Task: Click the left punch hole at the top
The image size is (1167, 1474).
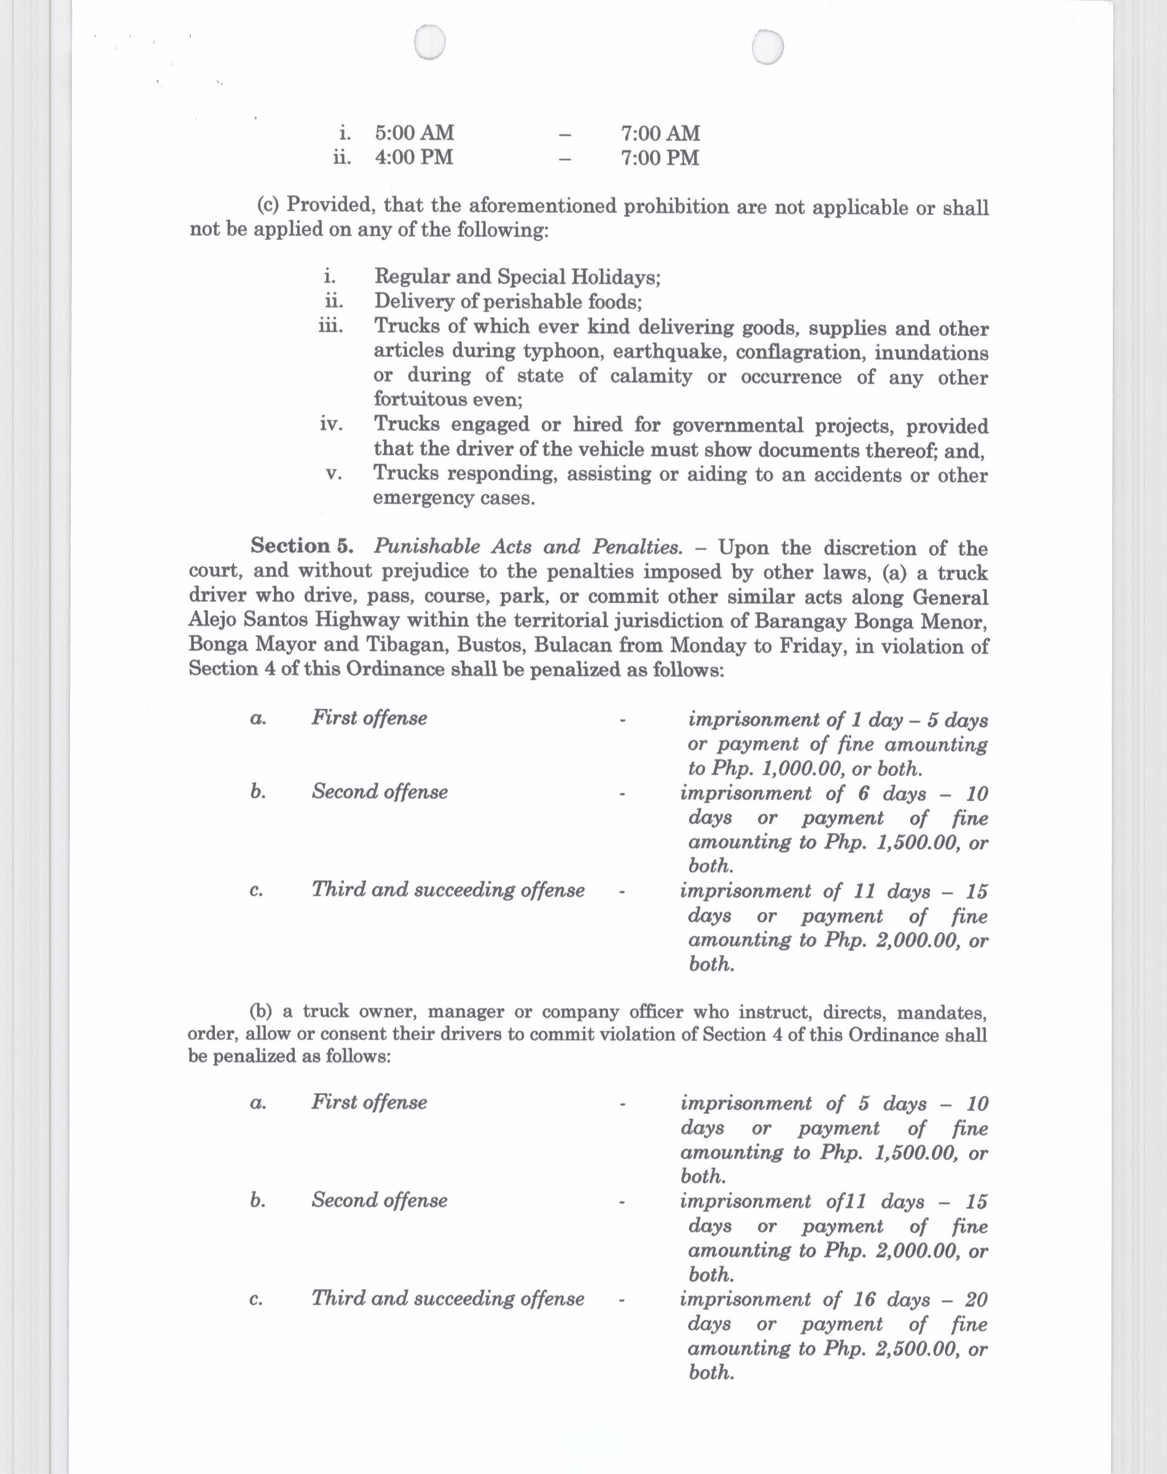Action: coord(430,44)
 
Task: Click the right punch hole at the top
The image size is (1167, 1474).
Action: coord(767,47)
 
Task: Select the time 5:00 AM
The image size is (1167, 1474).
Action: coord(414,133)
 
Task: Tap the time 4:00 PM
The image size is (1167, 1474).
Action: coord(413,157)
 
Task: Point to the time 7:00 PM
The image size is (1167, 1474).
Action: coord(659,158)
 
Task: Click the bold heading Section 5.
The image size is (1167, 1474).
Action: coord(302,546)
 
